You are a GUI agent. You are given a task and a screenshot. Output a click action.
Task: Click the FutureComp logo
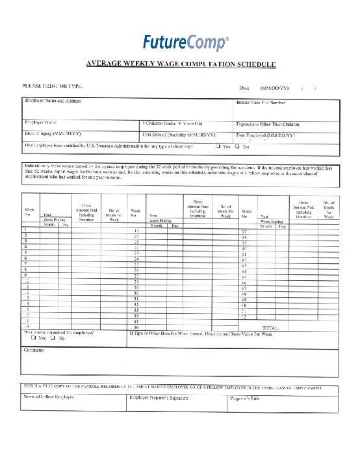(x=185, y=43)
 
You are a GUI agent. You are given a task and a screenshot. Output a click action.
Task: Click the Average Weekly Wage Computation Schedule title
(x=181, y=64)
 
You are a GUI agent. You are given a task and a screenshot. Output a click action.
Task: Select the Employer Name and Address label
(x=52, y=101)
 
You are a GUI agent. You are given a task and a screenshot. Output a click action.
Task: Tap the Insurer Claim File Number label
(x=261, y=102)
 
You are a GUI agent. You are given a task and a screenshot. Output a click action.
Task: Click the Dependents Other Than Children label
(x=268, y=123)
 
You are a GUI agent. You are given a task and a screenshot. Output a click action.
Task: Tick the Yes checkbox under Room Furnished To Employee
(x=33, y=338)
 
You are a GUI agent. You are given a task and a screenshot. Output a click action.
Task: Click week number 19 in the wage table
(x=136, y=231)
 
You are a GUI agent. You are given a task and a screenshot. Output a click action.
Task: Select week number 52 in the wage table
(x=244, y=316)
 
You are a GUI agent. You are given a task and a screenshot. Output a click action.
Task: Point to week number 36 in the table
(x=136, y=327)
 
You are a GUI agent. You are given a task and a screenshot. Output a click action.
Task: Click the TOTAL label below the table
(x=270, y=328)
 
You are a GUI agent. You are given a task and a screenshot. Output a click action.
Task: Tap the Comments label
(x=34, y=350)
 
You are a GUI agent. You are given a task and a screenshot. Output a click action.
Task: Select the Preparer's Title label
(x=245, y=397)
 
